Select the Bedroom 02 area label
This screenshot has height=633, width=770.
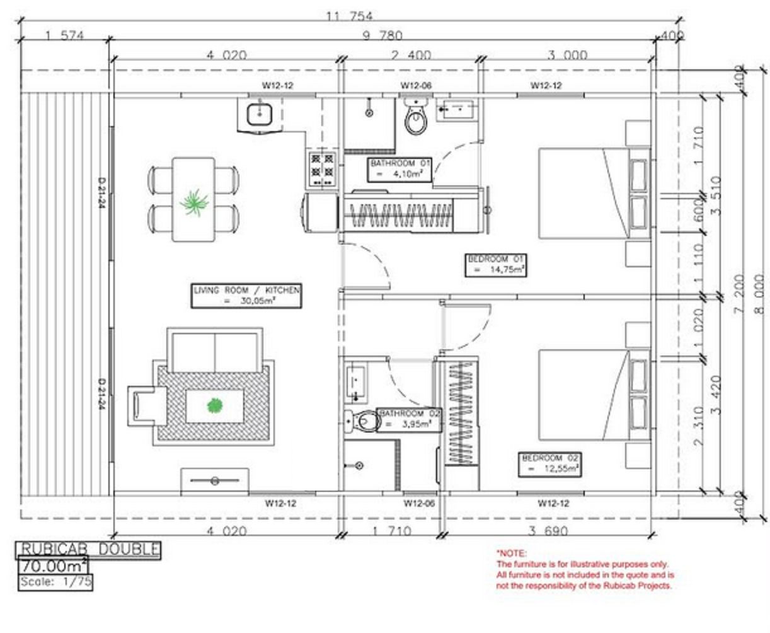(x=551, y=464)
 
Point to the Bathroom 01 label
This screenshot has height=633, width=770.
(x=400, y=169)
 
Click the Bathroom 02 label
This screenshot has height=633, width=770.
(x=410, y=419)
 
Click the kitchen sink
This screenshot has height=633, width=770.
(x=259, y=114)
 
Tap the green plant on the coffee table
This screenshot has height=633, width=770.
(x=214, y=406)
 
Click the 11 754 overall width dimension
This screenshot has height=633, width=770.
(x=349, y=16)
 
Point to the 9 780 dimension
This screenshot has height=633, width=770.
(x=382, y=35)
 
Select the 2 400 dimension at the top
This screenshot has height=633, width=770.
(x=411, y=55)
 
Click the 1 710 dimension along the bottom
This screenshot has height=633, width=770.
(x=391, y=531)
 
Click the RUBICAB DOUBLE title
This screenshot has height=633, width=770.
(x=88, y=550)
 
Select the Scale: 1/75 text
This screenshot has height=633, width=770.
(x=55, y=582)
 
